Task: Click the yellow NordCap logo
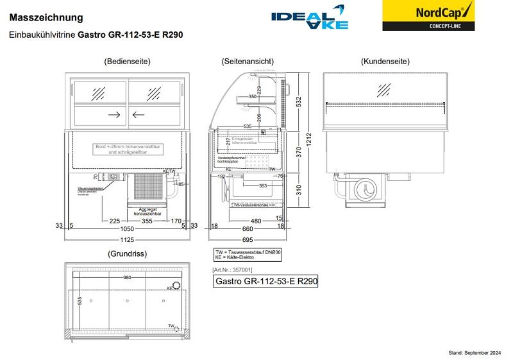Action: click(x=429, y=15)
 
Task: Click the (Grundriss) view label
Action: click(x=128, y=253)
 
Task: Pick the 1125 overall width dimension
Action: click(x=129, y=239)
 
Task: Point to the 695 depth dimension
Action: click(x=248, y=239)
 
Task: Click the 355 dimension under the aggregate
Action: click(x=147, y=221)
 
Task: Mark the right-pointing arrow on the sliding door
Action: click(x=115, y=115)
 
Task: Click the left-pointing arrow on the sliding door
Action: click(x=139, y=115)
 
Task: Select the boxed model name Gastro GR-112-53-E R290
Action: click(x=266, y=282)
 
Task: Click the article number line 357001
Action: click(x=231, y=270)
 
